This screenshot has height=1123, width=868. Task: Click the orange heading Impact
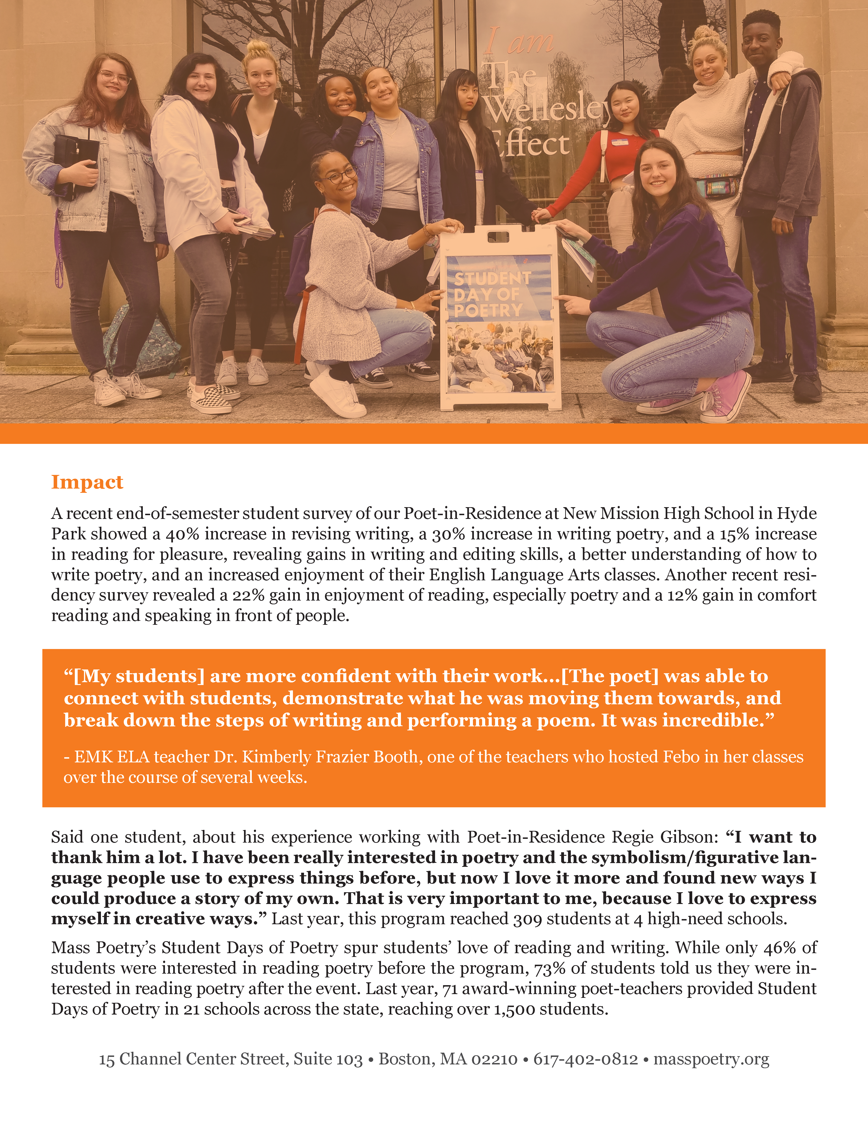click(x=87, y=482)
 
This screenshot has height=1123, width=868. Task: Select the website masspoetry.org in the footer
click(x=711, y=1059)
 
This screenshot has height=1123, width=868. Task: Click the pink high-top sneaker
click(x=726, y=396)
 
